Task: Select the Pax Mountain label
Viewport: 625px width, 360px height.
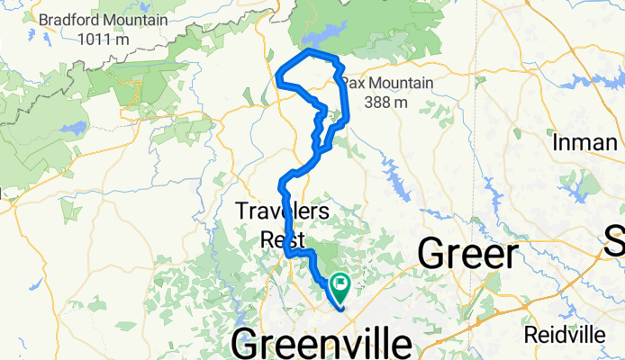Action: tap(387, 85)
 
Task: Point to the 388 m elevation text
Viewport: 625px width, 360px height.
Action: tap(387, 102)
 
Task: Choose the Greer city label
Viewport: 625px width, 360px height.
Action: tap(468, 255)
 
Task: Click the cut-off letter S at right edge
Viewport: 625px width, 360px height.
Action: tap(615, 241)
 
